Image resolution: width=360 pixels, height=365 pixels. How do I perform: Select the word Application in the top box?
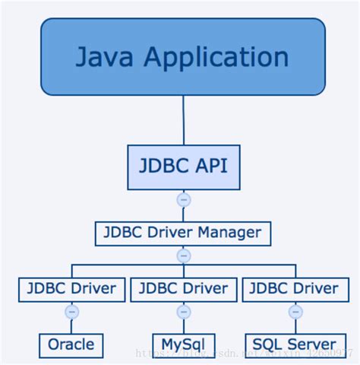tap(219, 57)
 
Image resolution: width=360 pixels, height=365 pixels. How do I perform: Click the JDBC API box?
tap(183, 167)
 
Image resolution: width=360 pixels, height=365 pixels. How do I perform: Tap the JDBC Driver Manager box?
tap(183, 233)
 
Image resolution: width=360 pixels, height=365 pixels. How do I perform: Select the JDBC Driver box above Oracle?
tap(71, 289)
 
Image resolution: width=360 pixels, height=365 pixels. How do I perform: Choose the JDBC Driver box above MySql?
tap(183, 289)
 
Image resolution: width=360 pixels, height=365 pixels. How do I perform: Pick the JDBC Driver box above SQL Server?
tap(295, 289)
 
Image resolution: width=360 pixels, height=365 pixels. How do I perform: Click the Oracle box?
tap(71, 344)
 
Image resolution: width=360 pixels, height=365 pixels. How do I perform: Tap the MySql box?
tap(183, 344)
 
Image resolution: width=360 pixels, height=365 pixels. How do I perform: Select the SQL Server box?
tap(295, 344)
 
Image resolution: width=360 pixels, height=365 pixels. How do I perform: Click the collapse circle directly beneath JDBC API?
tap(183, 200)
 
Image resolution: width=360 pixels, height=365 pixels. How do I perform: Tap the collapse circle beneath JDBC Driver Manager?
tap(183, 255)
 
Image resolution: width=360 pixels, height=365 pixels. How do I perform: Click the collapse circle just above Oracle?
tap(71, 311)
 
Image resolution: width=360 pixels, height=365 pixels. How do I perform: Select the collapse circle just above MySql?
tap(183, 311)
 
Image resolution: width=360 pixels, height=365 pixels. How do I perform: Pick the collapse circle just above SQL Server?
tap(295, 311)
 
